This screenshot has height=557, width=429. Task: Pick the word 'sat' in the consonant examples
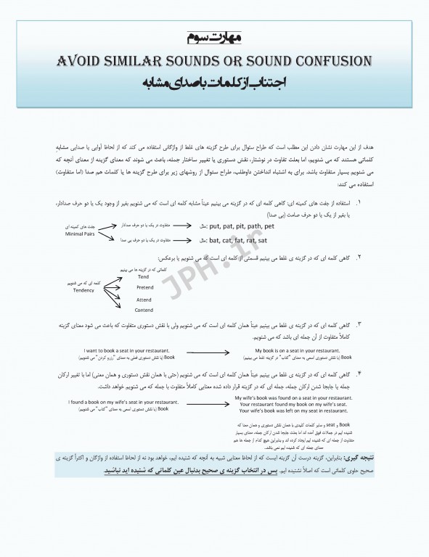click(x=262, y=239)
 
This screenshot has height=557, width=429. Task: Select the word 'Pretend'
click(x=144, y=287)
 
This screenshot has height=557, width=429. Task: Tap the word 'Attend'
click(x=144, y=299)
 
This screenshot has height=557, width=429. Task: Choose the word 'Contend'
click(x=144, y=310)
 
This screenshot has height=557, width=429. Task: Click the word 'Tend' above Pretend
click(x=143, y=276)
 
